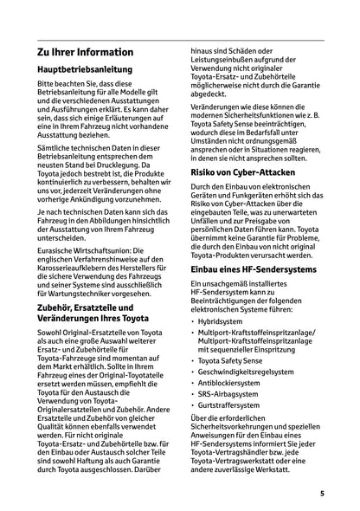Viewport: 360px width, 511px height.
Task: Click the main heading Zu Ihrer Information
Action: pyautogui.click(x=86, y=52)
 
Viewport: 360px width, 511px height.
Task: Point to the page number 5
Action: pyautogui.click(x=321, y=493)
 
